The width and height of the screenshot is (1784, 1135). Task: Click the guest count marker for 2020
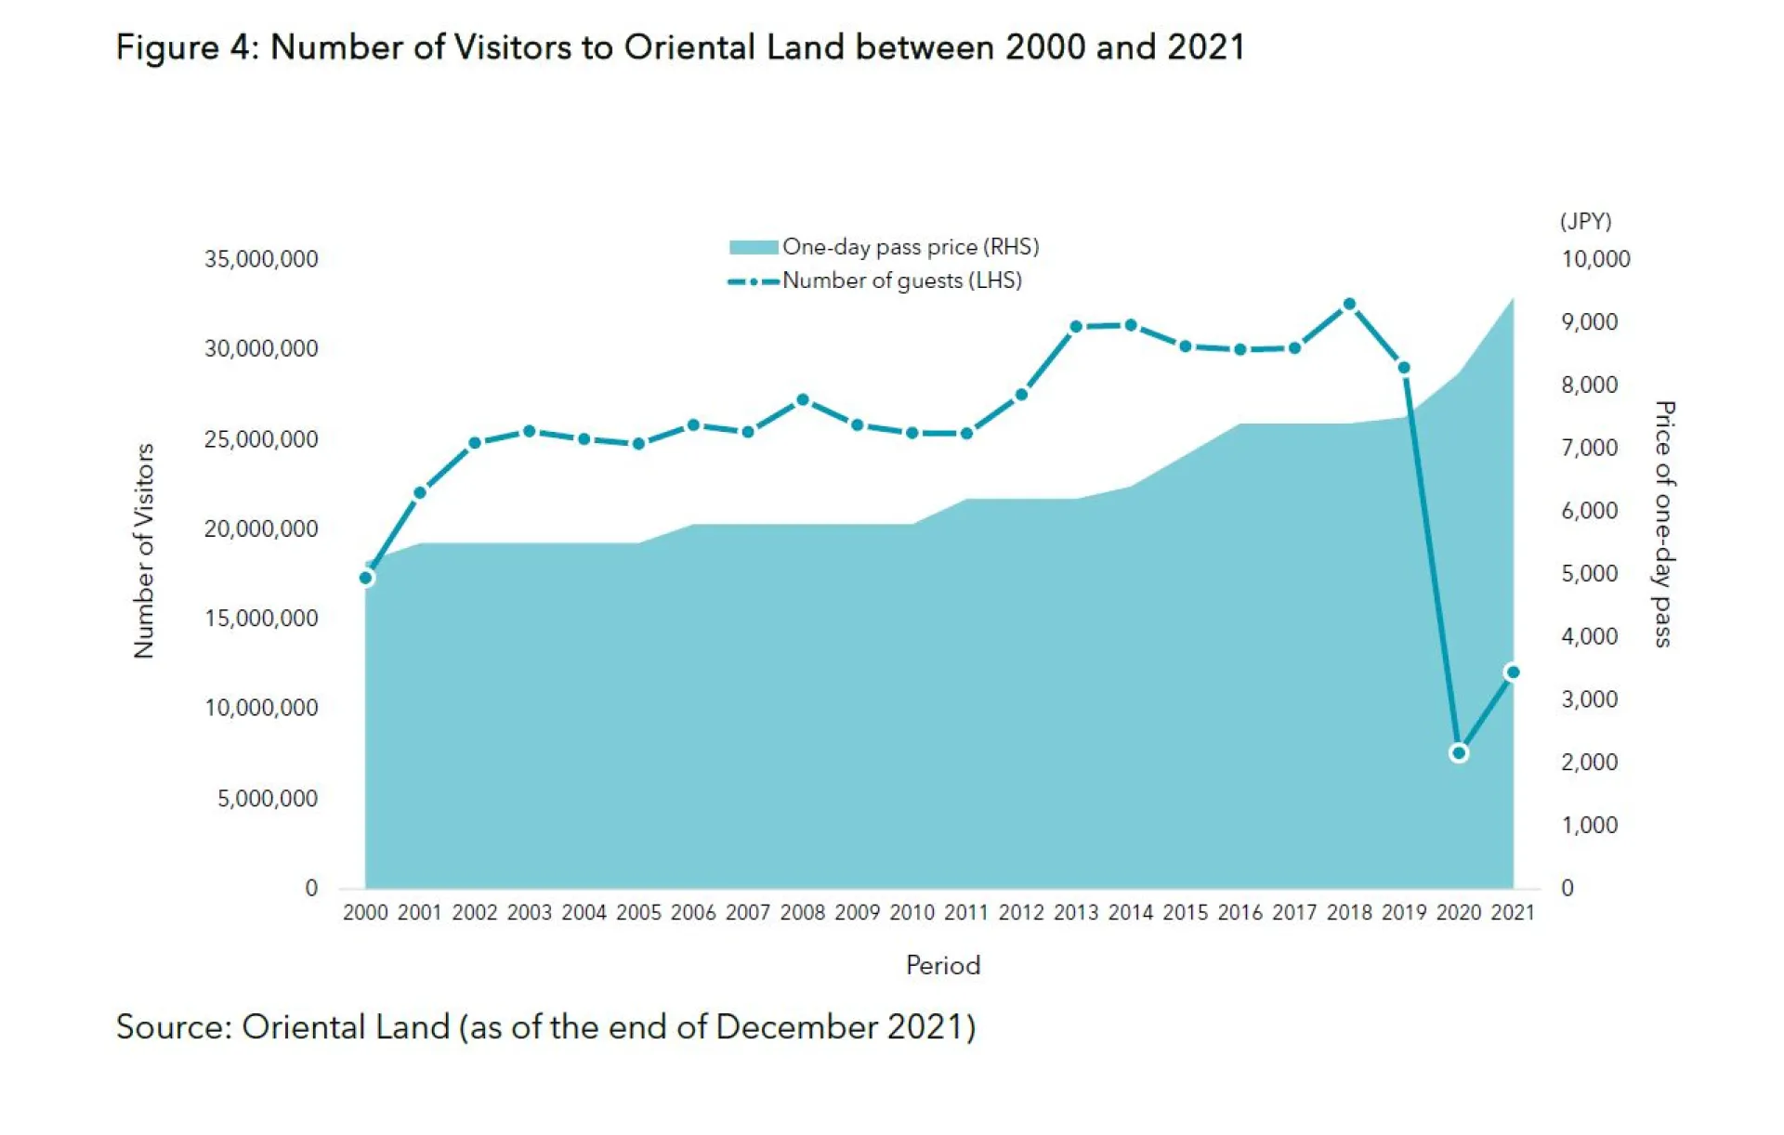pos(1458,753)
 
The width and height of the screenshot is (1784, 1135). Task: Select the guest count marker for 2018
pos(1349,305)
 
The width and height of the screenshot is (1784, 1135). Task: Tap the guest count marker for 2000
pos(366,578)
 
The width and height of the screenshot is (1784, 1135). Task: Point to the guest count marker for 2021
pos(1513,672)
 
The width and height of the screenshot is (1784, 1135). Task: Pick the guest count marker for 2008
pos(803,400)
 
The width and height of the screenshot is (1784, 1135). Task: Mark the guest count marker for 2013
pos(1076,327)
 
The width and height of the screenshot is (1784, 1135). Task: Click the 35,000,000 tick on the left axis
pos(261,259)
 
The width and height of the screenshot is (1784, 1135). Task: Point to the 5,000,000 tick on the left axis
pos(268,799)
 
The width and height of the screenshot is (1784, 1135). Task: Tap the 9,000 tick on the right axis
pos(1589,322)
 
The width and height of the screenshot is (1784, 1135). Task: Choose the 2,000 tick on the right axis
pos(1589,763)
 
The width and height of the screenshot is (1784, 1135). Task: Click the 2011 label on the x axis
pos(966,913)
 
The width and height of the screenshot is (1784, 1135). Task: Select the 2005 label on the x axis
pos(638,913)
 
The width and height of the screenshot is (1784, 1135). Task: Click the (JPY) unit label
pos(1585,221)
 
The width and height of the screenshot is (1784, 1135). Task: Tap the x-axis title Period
pos(942,966)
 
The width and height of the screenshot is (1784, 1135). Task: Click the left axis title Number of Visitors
pos(143,551)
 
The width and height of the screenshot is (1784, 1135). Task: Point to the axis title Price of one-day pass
pos(1663,524)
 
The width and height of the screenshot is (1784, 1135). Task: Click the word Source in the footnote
pos(173,1027)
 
